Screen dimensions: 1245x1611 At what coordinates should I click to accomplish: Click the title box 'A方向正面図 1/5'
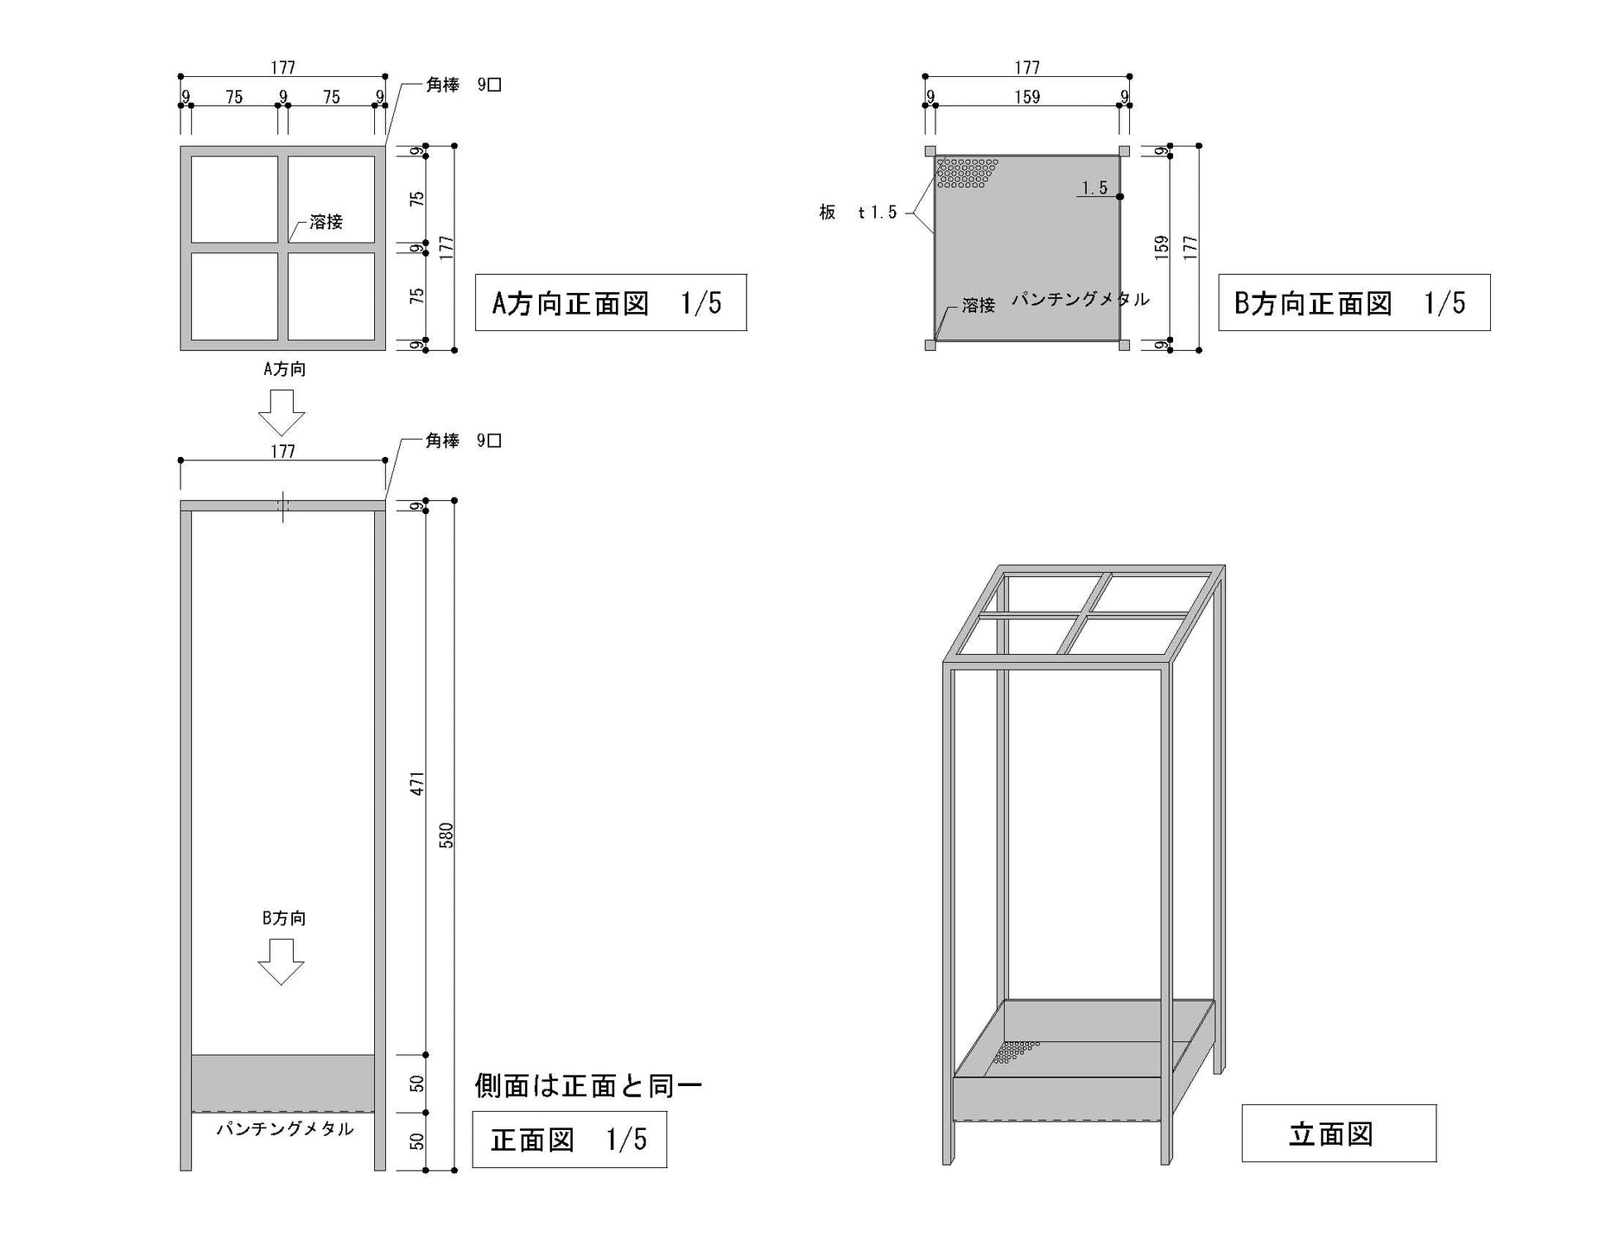click(610, 303)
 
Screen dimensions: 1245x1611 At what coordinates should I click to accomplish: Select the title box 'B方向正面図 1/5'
click(1354, 303)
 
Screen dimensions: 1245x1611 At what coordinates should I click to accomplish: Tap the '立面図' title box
click(1338, 1133)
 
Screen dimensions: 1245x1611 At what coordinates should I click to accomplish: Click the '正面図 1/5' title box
click(569, 1140)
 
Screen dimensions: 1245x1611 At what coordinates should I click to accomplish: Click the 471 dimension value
click(417, 783)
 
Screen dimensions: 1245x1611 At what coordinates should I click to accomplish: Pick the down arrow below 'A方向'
click(281, 412)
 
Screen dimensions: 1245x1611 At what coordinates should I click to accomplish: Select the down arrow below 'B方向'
click(281, 962)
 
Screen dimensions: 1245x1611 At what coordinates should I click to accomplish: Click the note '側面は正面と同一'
click(588, 1085)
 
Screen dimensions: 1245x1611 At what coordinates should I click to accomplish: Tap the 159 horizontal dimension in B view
click(1027, 97)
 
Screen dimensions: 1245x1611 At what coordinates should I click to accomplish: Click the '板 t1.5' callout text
click(858, 213)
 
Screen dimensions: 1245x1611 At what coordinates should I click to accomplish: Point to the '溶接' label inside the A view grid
click(325, 222)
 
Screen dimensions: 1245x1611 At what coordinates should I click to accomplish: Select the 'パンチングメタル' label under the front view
click(285, 1129)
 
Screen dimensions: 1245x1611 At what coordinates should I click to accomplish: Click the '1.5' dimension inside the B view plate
click(1094, 188)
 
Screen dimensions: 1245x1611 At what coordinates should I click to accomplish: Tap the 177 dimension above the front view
click(282, 451)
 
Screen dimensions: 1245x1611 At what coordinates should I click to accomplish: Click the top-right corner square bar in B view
click(1124, 151)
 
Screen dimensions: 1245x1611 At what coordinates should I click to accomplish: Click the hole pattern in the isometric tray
click(1015, 1051)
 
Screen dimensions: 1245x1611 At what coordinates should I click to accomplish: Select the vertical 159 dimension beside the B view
click(1161, 247)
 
